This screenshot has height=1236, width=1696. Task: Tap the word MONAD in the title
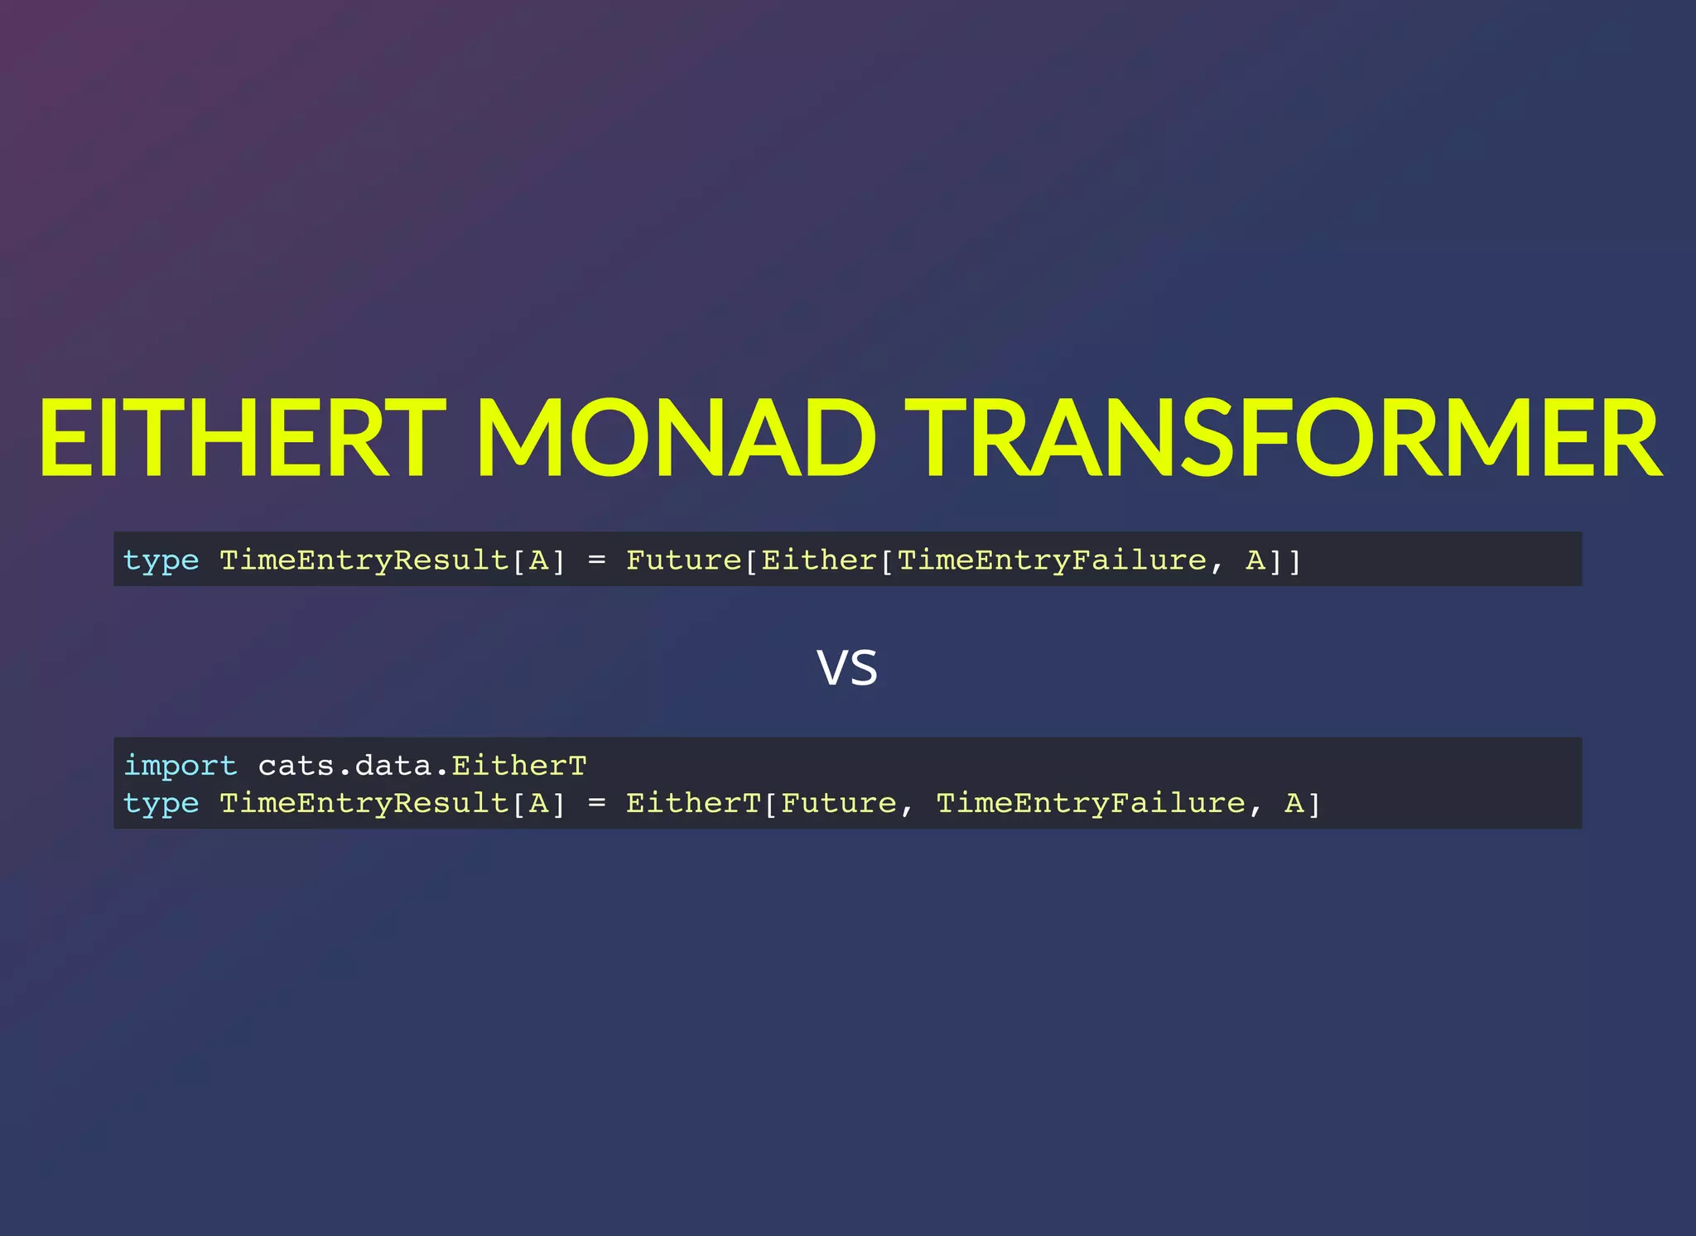pos(675,439)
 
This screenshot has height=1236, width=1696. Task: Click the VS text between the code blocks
pos(846,668)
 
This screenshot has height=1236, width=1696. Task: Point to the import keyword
pos(181,766)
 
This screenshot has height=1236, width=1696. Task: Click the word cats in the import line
pos(296,766)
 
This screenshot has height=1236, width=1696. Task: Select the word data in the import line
pos(393,766)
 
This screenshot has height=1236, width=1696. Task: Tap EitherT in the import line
pos(518,766)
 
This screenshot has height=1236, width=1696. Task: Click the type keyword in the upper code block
pos(161,561)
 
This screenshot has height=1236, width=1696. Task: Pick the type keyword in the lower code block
pos(161,804)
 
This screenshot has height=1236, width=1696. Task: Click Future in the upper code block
pos(683,560)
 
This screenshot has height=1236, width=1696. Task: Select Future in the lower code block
pos(838,803)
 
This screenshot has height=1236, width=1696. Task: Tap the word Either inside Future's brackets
pos(818,560)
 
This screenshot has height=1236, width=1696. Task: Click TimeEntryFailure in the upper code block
pos(1052,560)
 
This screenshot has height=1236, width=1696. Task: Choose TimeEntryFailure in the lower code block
pos(1091,803)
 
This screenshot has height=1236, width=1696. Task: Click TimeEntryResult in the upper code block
pos(364,560)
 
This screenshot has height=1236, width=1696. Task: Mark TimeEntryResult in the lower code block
pos(364,803)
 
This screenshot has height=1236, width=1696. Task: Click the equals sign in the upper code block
pos(596,561)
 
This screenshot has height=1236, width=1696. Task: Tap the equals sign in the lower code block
pos(596,804)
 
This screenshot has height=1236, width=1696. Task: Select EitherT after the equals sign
pos(692,803)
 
